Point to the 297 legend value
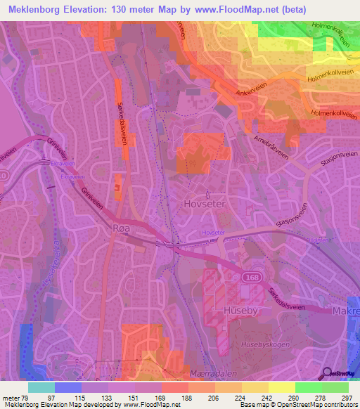(347, 398)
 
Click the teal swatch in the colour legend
(41, 387)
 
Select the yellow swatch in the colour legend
(281, 387)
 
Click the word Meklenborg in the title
(36, 10)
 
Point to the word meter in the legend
(11, 398)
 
